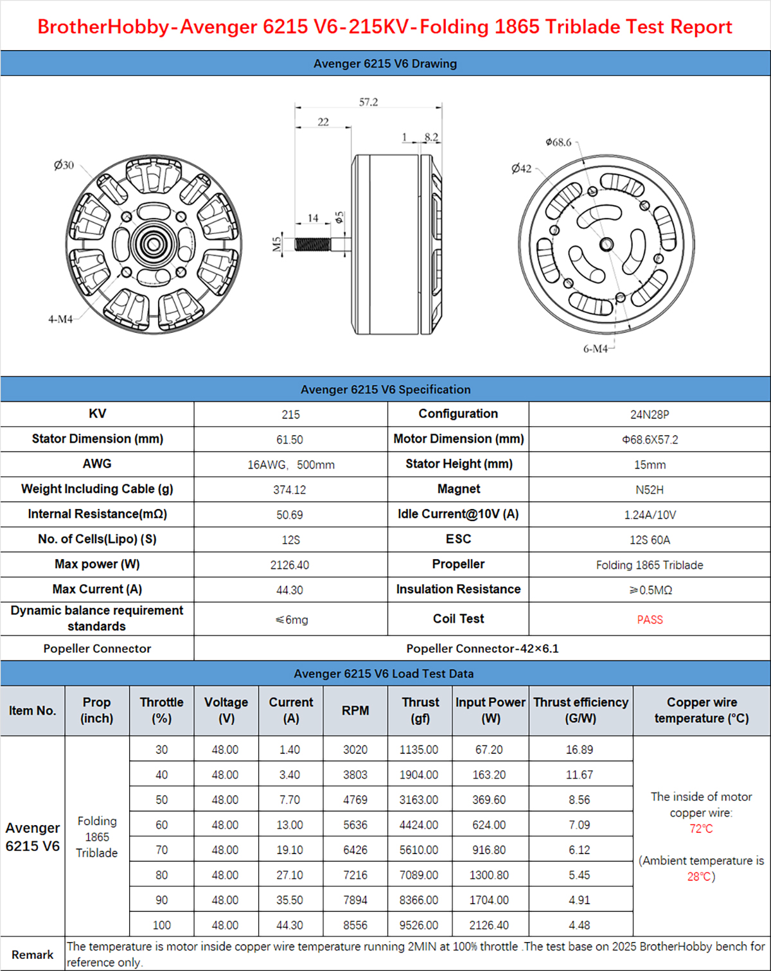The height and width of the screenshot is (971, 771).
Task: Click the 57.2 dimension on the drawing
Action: coord(368,102)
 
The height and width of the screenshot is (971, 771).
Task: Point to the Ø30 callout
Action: coord(64,165)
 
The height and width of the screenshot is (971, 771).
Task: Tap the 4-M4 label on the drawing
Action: coord(60,319)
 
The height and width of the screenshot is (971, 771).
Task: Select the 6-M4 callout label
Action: coord(595,348)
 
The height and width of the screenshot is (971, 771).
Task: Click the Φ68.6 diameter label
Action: coord(558,142)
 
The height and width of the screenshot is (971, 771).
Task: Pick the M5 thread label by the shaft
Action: coord(277,244)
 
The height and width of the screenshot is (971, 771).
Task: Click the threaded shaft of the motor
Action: coord(312,244)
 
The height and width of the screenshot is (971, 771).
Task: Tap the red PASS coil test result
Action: coord(650,619)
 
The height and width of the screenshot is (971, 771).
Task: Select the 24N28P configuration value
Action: coord(650,414)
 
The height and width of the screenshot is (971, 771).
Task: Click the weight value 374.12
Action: coord(290,490)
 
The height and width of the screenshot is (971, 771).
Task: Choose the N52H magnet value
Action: coord(650,490)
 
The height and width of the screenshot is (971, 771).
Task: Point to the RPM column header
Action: coord(355,710)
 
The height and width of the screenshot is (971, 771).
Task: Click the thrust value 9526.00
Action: coord(419,925)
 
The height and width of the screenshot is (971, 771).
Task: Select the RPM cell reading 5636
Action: coord(355,825)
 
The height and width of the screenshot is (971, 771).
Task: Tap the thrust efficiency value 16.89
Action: coord(580,750)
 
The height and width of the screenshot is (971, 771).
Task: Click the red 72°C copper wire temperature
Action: coord(701,829)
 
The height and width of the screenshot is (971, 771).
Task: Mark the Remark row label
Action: coord(32,954)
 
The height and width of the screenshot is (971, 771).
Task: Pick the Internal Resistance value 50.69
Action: coord(290,515)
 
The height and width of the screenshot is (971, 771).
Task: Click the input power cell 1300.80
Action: coord(489,875)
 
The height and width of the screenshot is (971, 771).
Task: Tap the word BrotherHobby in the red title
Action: coord(103,27)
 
